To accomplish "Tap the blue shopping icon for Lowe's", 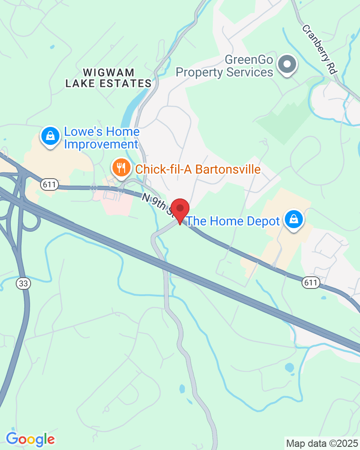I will (x=50, y=135).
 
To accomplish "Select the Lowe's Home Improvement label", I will (x=102, y=138).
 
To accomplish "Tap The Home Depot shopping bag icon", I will (x=294, y=220).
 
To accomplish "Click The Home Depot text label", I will (x=233, y=221).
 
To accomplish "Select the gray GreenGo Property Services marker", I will (x=287, y=64).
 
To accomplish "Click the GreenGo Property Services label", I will (x=224, y=66).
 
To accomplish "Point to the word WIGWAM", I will (x=108, y=72).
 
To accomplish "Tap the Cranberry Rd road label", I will (x=319, y=49).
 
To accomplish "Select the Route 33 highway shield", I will (x=22, y=283).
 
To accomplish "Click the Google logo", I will (x=30, y=439).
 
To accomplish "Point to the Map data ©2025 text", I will (x=322, y=443).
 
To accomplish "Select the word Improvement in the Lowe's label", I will (x=101, y=144).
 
